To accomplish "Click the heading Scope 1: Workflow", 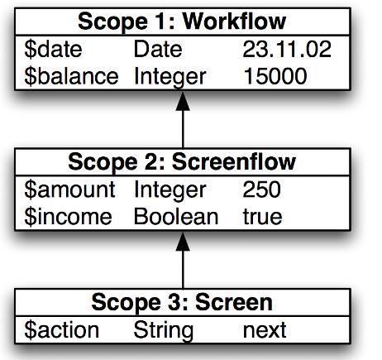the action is coord(182,22).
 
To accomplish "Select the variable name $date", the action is coord(53,50).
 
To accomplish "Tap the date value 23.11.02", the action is coord(287,49).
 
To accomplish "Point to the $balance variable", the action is coord(71,76).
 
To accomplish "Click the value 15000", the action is coord(275,76).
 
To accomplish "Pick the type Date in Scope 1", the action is coord(158,49).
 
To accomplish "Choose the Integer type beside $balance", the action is coord(170,78).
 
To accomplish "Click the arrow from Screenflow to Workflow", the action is coord(183,119).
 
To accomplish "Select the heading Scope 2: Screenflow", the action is coord(182,162).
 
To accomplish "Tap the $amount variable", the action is coord(69,190).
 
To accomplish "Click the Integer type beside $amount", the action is coord(170,190).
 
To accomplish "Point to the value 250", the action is coord(262,190).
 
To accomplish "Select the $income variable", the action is coord(68,217).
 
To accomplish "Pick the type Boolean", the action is coord(176,217).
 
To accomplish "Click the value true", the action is coord(262,217).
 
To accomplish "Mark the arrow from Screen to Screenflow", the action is coord(183,260).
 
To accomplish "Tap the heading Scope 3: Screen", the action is coord(182,302).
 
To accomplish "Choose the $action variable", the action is coord(62,330).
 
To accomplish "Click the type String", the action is coord(164,331).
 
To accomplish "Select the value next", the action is coord(265,330).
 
